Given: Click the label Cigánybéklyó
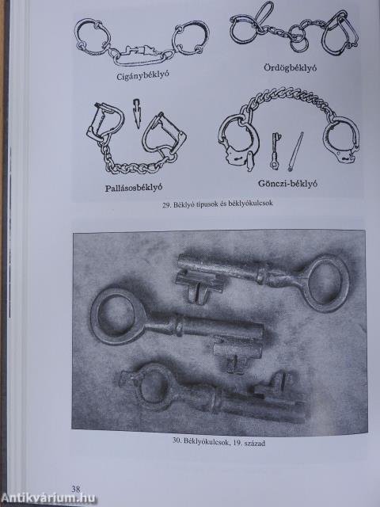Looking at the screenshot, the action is point(142,76).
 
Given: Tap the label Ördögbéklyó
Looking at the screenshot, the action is point(291,67).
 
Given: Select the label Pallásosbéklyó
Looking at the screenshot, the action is point(133,188).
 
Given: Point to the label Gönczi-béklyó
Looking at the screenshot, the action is point(287,184).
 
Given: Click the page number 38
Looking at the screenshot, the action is point(76,489).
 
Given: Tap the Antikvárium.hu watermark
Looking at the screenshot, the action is point(48,498).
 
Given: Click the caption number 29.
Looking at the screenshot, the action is point(166,204).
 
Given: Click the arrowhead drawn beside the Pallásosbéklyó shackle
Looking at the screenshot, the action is point(137,114).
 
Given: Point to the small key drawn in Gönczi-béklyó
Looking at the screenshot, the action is point(275,151).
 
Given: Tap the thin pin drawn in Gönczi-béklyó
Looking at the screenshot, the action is point(295,151).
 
